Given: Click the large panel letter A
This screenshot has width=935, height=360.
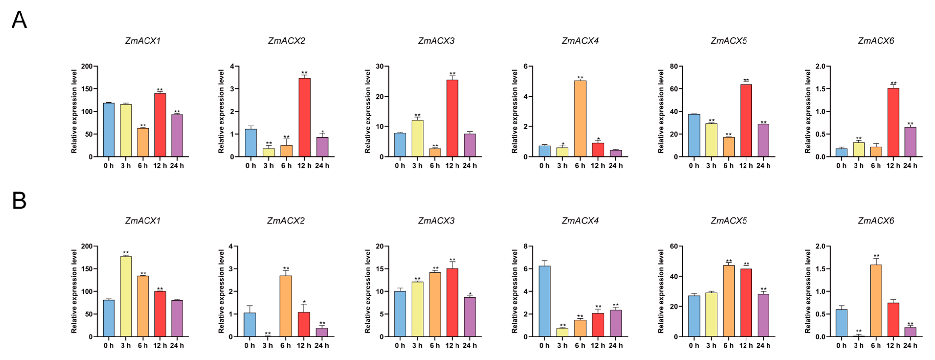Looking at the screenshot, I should click(x=19, y=20).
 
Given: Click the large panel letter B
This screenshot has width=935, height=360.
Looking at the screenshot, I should click(x=19, y=200).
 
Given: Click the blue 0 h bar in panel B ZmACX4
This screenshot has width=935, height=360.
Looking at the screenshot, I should click(x=545, y=301).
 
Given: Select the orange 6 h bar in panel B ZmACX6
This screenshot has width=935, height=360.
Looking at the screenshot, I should click(x=876, y=301).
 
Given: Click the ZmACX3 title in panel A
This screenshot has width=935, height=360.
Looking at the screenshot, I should click(x=436, y=41).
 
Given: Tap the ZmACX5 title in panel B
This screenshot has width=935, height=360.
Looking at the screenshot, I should click(x=728, y=221).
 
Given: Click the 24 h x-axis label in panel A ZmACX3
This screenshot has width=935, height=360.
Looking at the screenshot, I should click(x=469, y=166).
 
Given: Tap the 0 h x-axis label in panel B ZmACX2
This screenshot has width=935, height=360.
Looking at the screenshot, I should click(x=249, y=346).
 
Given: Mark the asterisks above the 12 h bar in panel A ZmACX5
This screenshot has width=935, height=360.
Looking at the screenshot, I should click(x=746, y=80).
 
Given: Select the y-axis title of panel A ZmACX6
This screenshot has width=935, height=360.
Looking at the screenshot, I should click(x=808, y=112).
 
